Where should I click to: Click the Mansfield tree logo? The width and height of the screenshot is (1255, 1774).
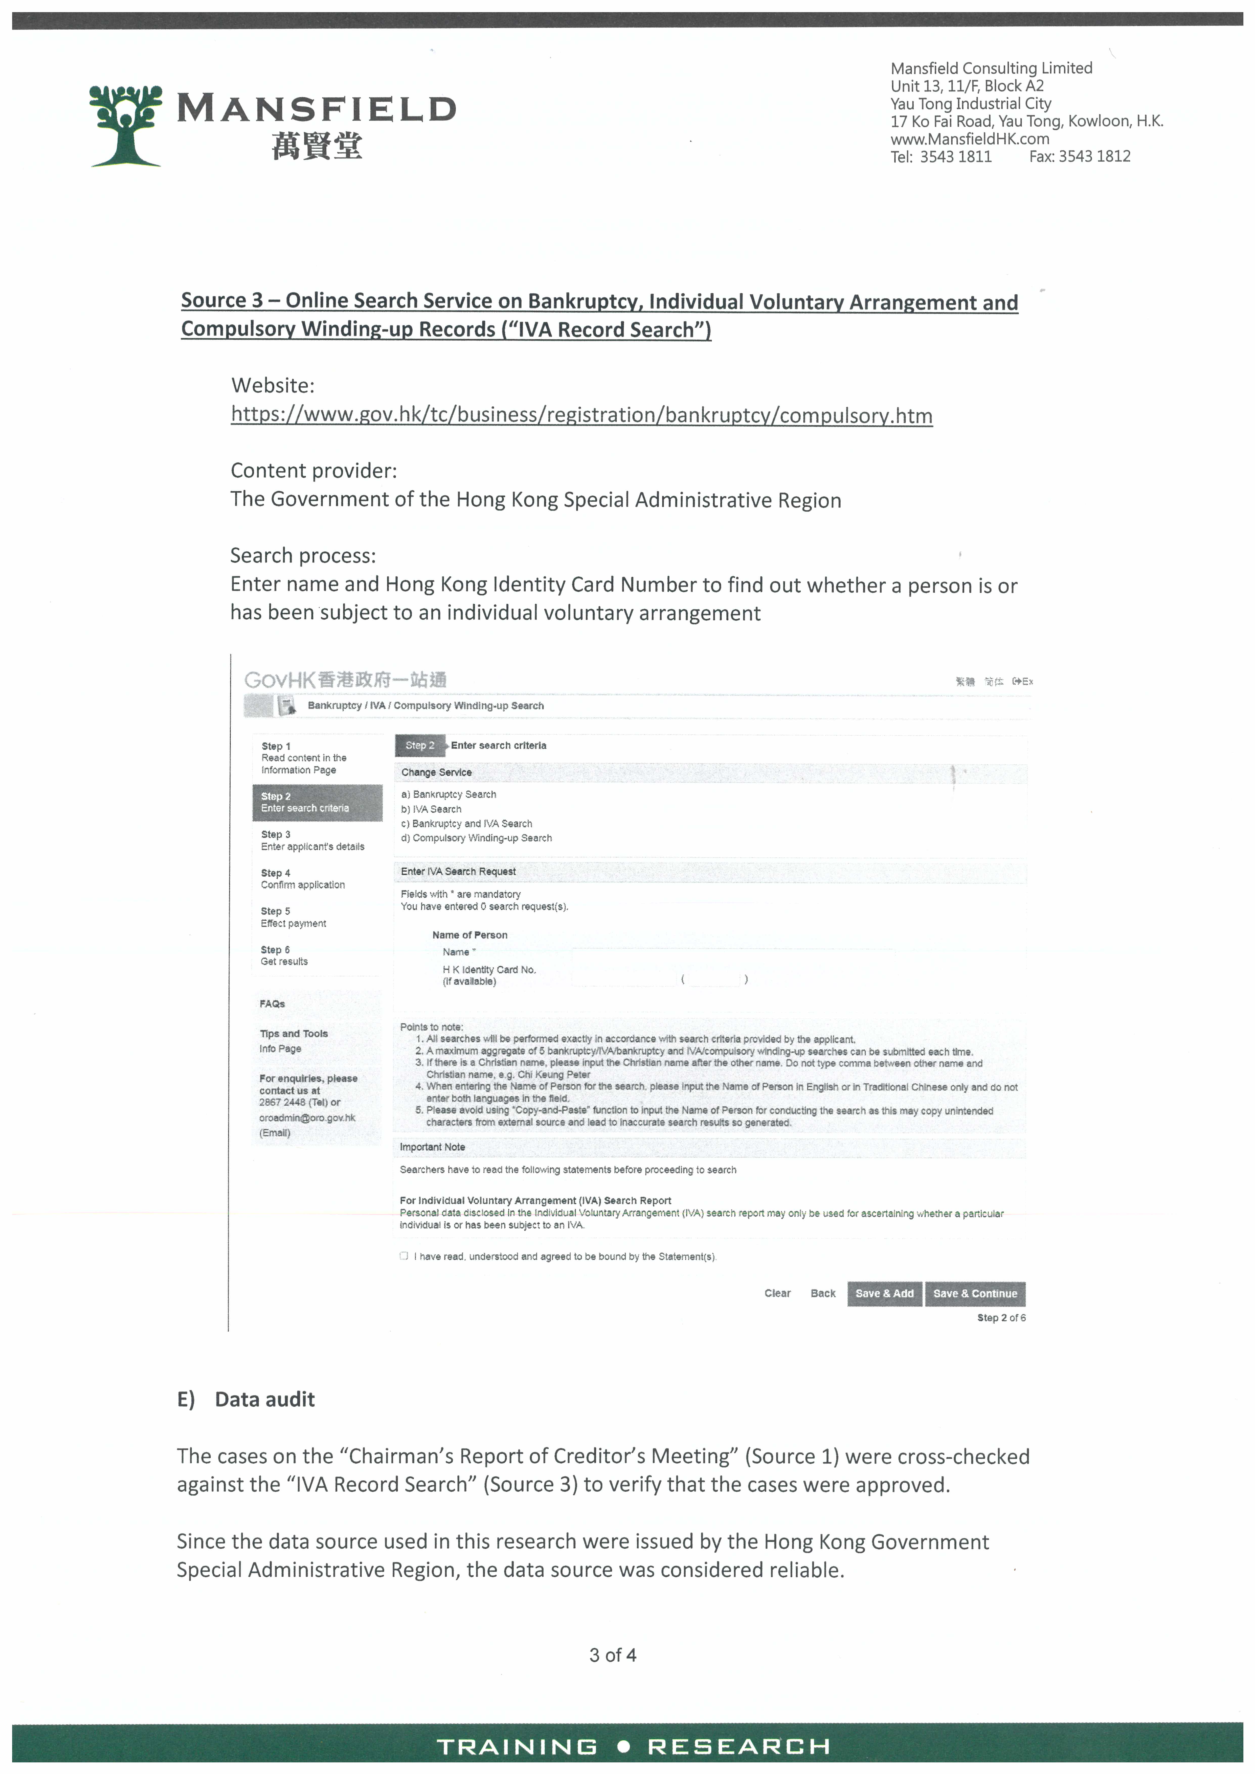125,125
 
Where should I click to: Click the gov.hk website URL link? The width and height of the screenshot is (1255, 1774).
581,416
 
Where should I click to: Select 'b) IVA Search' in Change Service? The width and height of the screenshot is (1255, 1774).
431,809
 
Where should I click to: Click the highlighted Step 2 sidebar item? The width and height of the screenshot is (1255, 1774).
317,802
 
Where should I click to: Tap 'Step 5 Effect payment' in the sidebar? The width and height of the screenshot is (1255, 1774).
294,917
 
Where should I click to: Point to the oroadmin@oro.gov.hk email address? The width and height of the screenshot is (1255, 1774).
307,1118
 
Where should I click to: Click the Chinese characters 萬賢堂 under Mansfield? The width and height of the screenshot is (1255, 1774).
317,146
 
